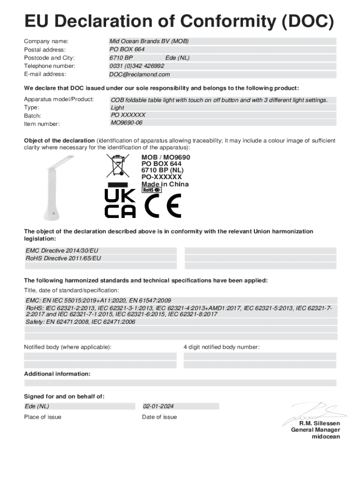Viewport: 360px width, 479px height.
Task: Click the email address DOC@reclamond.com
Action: click(x=139, y=74)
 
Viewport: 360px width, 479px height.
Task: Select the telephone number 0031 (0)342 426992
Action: click(x=137, y=66)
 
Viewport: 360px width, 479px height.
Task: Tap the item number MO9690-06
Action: click(x=126, y=123)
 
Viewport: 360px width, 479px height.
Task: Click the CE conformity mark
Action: click(x=162, y=205)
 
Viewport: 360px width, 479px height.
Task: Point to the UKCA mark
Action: click(x=120, y=203)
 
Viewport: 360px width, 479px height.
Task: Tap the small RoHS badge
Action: click(x=151, y=190)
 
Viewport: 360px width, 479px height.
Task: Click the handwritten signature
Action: click(x=310, y=413)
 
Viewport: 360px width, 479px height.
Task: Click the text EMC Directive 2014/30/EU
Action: click(x=62, y=251)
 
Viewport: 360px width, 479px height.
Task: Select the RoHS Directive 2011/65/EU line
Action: click(x=63, y=258)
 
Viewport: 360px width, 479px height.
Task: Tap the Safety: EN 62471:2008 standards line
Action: click(x=80, y=322)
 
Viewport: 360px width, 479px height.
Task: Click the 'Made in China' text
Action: click(x=165, y=184)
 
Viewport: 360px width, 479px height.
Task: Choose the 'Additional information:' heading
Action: click(x=57, y=374)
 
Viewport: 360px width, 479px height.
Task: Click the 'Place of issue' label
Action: click(x=43, y=417)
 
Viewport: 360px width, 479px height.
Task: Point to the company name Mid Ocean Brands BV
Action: click(x=149, y=41)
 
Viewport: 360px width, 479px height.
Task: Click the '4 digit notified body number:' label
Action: click(x=221, y=347)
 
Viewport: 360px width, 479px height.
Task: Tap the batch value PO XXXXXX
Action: click(x=128, y=115)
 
